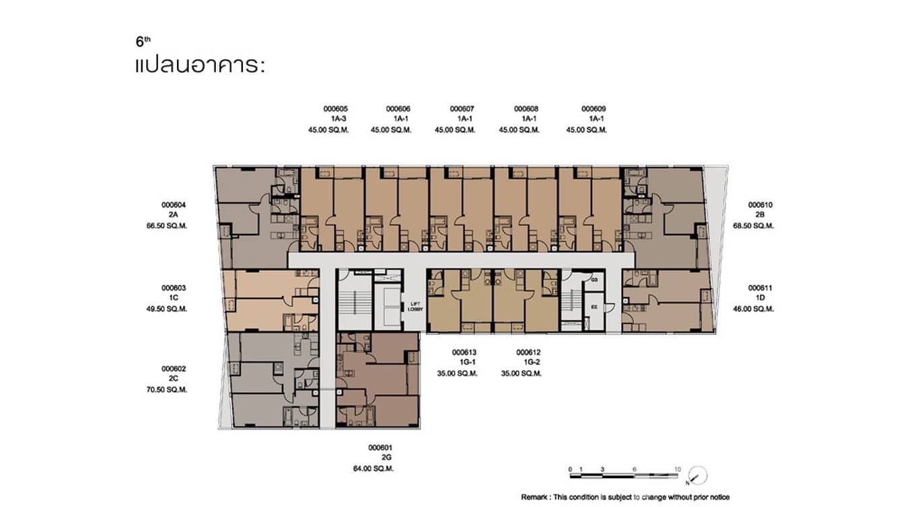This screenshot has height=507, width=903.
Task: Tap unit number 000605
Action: click(335, 108)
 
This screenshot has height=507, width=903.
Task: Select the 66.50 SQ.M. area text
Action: click(174, 226)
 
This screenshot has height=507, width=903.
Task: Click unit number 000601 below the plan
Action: click(380, 447)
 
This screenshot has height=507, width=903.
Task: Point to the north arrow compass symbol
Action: click(698, 475)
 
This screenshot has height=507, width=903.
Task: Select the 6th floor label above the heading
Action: click(143, 42)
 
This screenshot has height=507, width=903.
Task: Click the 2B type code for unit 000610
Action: click(760, 215)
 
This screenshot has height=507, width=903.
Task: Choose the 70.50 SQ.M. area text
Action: click(174, 390)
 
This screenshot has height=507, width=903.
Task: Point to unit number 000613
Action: click(464, 352)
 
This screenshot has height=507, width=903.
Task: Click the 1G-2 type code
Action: click(529, 362)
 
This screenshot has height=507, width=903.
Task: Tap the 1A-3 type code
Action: click(338, 119)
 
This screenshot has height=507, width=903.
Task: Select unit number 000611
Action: click(760, 288)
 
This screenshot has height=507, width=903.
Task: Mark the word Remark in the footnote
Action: click(536, 497)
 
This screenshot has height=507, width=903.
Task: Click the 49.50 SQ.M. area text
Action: click(174, 309)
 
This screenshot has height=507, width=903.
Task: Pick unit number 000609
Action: click(593, 108)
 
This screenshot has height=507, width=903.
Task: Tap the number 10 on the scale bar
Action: click(677, 469)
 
